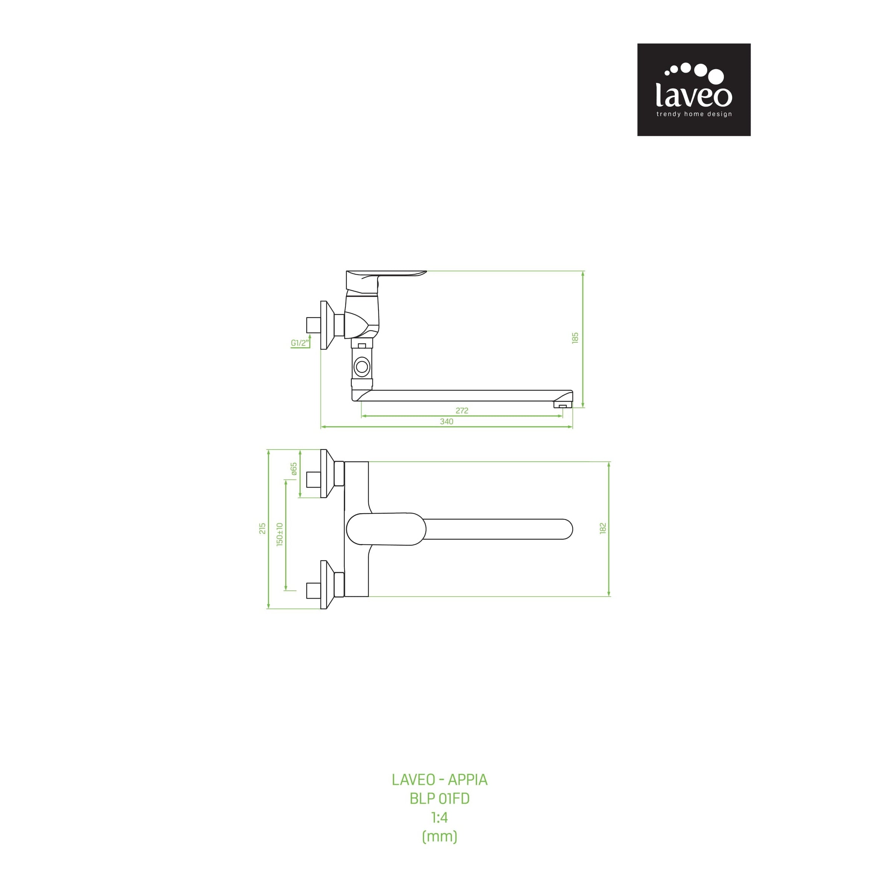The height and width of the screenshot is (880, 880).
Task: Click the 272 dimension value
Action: [462, 410]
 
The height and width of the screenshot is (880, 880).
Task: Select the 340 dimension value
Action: [446, 421]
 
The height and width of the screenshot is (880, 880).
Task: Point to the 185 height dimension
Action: [575, 338]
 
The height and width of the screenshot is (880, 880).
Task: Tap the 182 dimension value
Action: [603, 528]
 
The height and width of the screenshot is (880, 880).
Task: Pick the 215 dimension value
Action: [262, 528]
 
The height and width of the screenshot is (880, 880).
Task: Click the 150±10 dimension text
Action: [280, 534]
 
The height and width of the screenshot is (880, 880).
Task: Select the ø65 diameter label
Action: [294, 469]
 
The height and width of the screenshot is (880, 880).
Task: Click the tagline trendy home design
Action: [694, 114]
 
